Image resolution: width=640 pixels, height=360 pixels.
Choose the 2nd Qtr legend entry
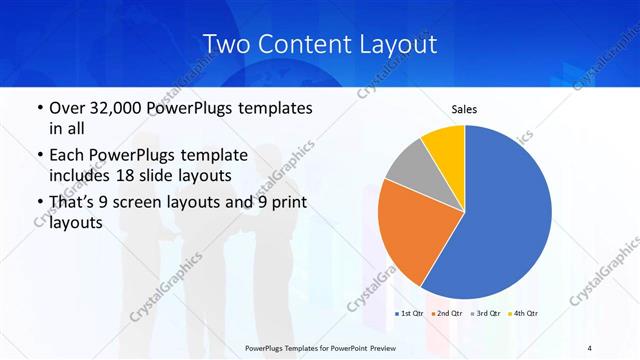pyautogui.click(x=447, y=314)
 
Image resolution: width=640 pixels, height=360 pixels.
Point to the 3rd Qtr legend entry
pyautogui.click(x=487, y=314)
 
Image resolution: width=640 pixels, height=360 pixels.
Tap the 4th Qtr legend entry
pyautogui.click(x=525, y=314)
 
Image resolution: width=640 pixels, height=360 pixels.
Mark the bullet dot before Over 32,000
pyautogui.click(x=39, y=108)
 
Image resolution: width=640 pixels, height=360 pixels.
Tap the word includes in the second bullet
pyautogui.click(x=81, y=176)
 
